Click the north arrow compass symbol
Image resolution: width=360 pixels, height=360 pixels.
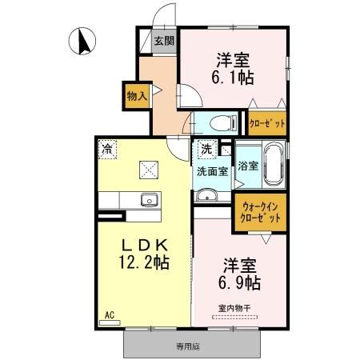[82, 42]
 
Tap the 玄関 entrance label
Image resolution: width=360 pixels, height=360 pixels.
[164, 42]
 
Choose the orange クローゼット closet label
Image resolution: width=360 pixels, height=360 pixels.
[266, 124]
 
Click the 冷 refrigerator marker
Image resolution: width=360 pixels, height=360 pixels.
[106, 147]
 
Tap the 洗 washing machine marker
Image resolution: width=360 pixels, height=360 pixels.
[206, 148]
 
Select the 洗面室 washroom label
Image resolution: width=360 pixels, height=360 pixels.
[212, 170]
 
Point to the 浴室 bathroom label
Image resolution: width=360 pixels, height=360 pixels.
[248, 166]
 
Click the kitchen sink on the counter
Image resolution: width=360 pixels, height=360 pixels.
[147, 199]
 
